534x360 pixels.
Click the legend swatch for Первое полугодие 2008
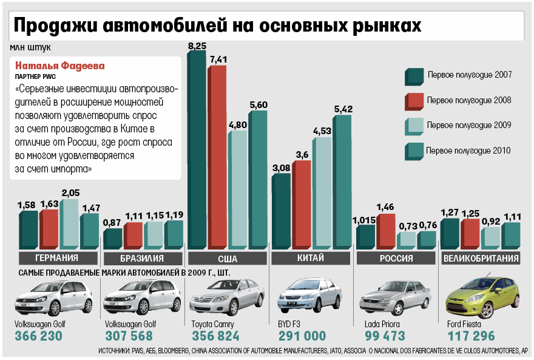(414, 100)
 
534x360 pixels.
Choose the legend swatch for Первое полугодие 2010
(414, 150)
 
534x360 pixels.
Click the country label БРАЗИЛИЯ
(143, 259)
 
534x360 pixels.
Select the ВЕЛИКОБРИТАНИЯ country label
(481, 259)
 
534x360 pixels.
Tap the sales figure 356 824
(216, 336)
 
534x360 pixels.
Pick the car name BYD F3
(289, 324)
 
